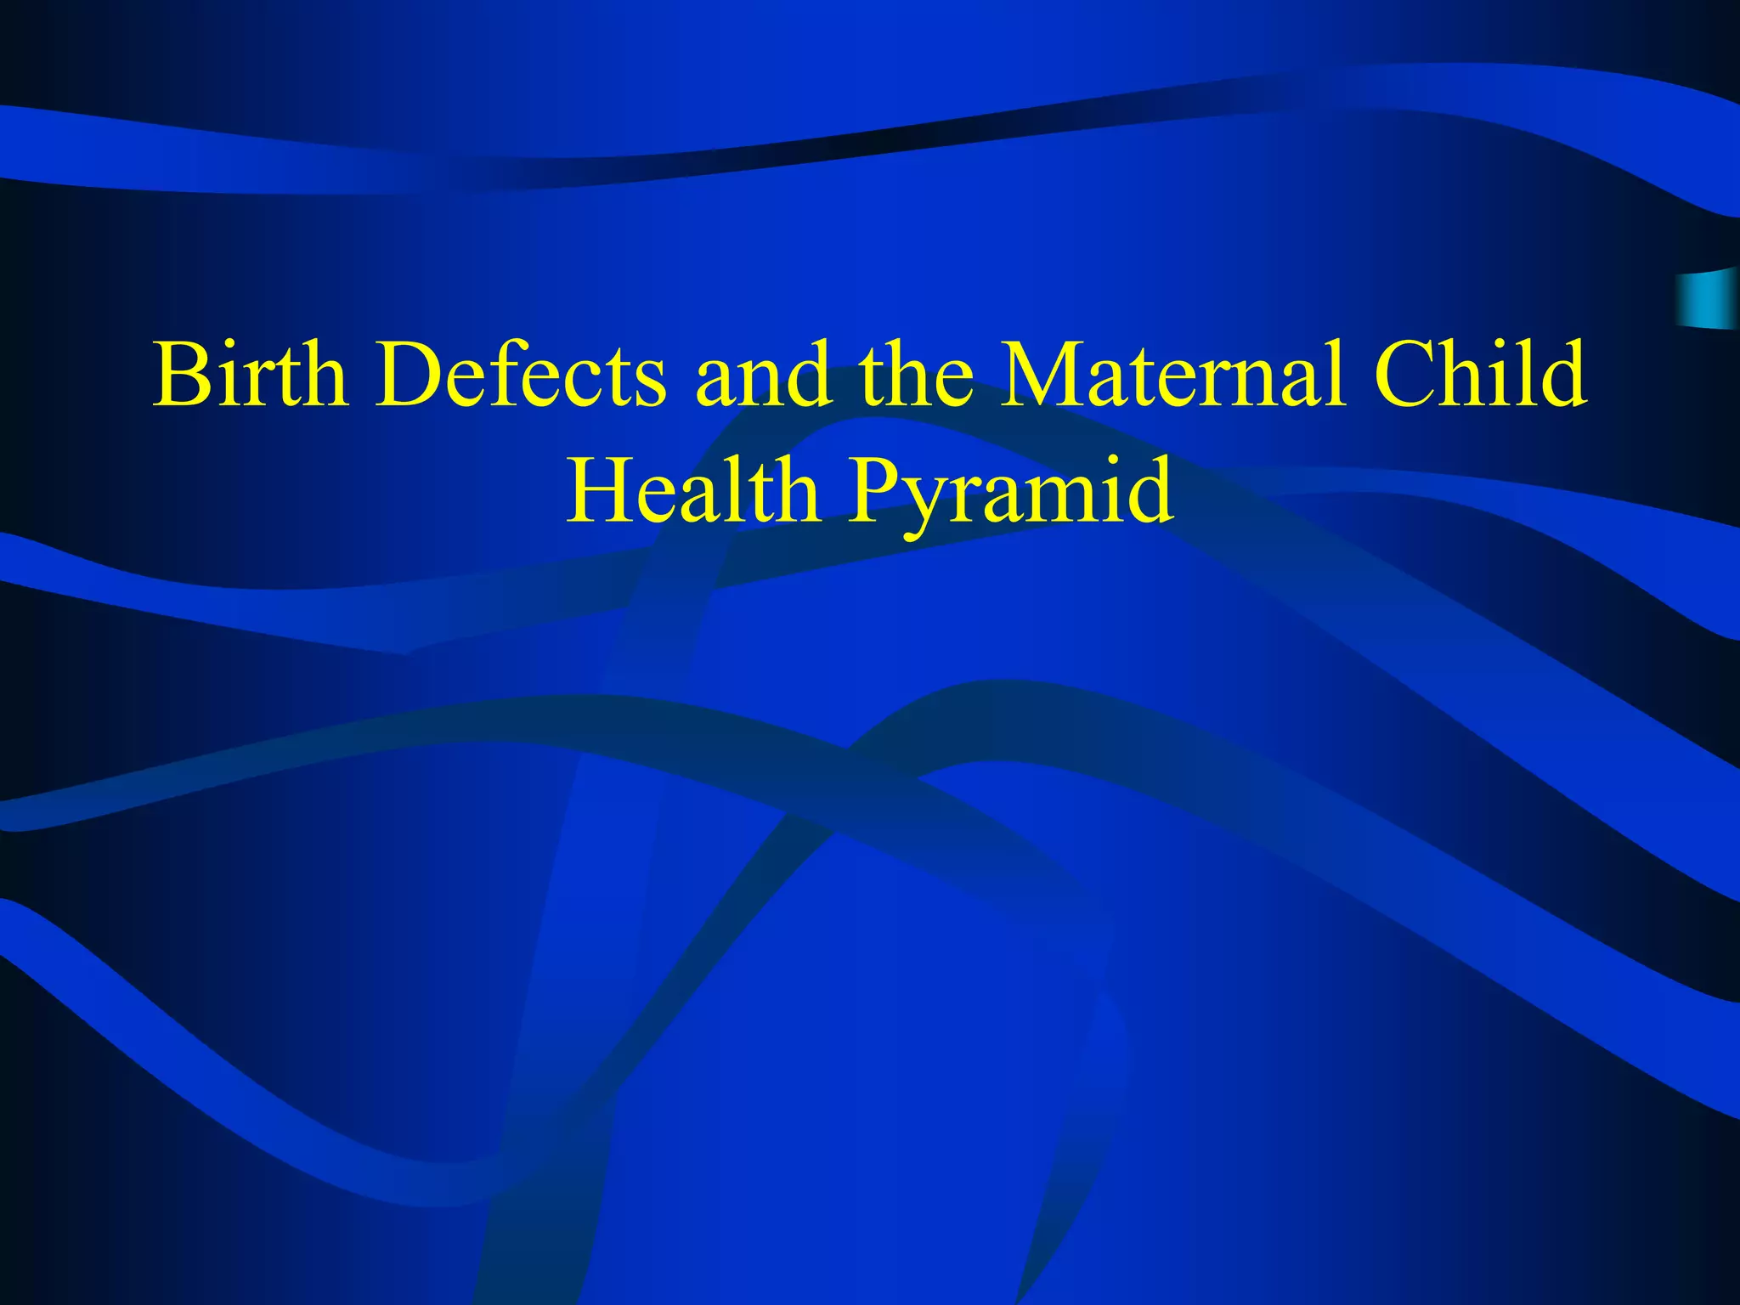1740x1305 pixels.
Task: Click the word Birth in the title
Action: tap(251, 374)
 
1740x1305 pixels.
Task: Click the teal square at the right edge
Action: tap(1708, 298)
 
